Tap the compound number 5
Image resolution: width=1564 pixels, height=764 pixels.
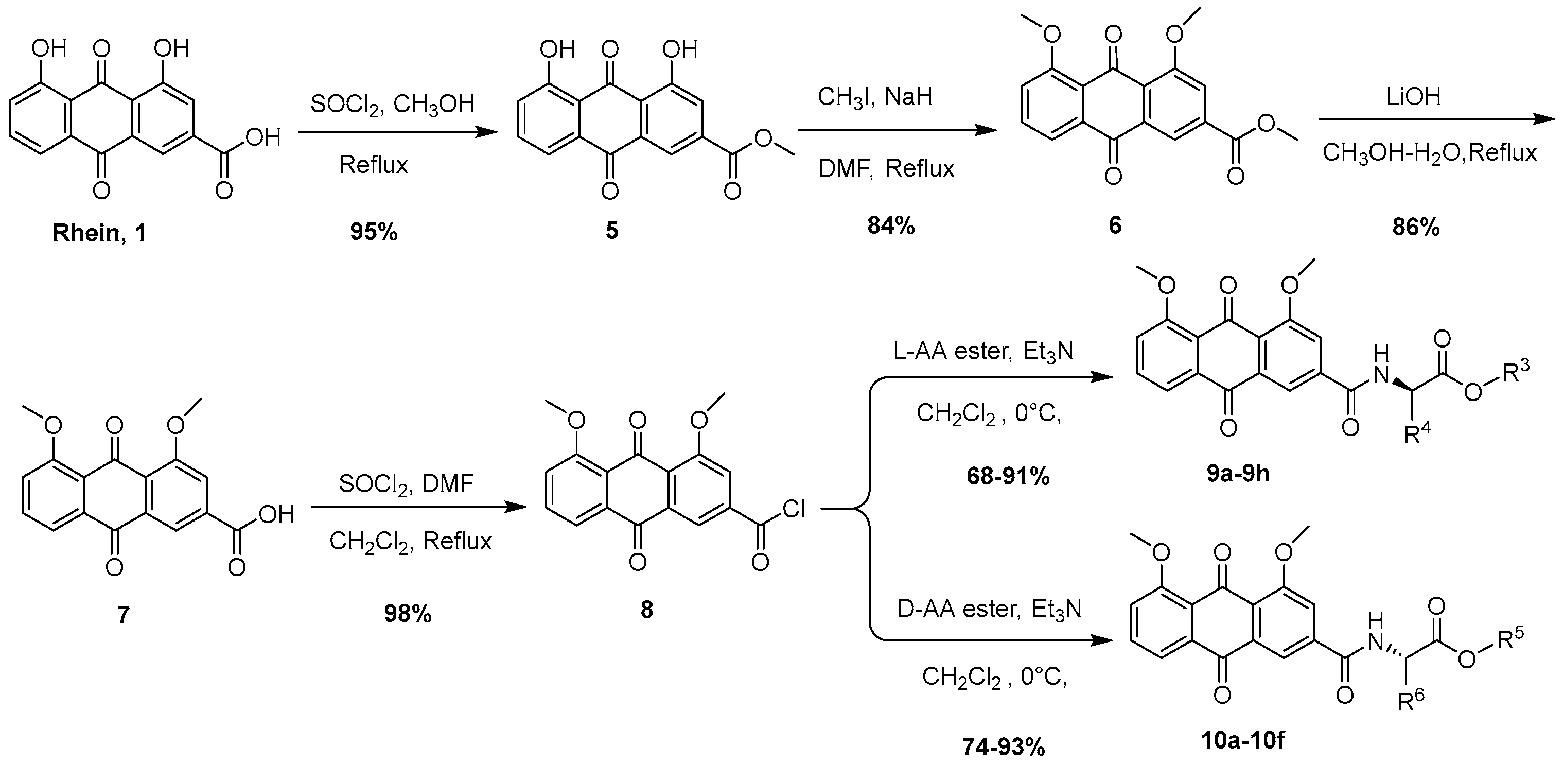coord(611,231)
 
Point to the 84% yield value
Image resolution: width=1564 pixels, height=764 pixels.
coord(891,226)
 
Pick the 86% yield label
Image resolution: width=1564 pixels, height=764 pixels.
coord(1415,227)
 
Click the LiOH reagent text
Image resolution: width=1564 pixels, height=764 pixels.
coord(1415,97)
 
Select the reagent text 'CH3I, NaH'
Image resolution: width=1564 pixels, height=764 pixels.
coord(874,97)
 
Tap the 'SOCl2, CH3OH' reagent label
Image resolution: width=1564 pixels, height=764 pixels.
coord(392,105)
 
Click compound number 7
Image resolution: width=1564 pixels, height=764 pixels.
coord(123,615)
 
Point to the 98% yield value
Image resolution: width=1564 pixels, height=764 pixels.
coord(408,615)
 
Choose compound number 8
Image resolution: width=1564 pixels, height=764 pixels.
coord(646,609)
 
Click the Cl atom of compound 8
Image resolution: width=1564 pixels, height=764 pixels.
coord(794,510)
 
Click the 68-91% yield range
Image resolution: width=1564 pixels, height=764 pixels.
coord(1008,477)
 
